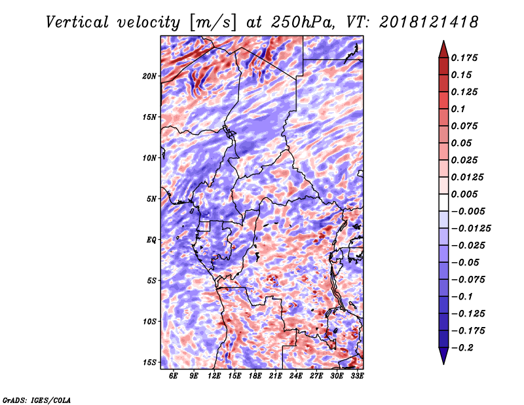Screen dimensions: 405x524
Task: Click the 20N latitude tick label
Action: (149, 76)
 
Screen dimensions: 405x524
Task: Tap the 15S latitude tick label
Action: (149, 362)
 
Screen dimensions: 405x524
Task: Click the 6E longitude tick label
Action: (174, 376)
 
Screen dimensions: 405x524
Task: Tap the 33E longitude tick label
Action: (357, 376)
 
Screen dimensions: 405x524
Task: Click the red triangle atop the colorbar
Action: (443, 48)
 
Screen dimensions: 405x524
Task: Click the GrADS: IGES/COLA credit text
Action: (37, 399)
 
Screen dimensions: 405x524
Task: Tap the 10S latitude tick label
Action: (149, 322)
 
